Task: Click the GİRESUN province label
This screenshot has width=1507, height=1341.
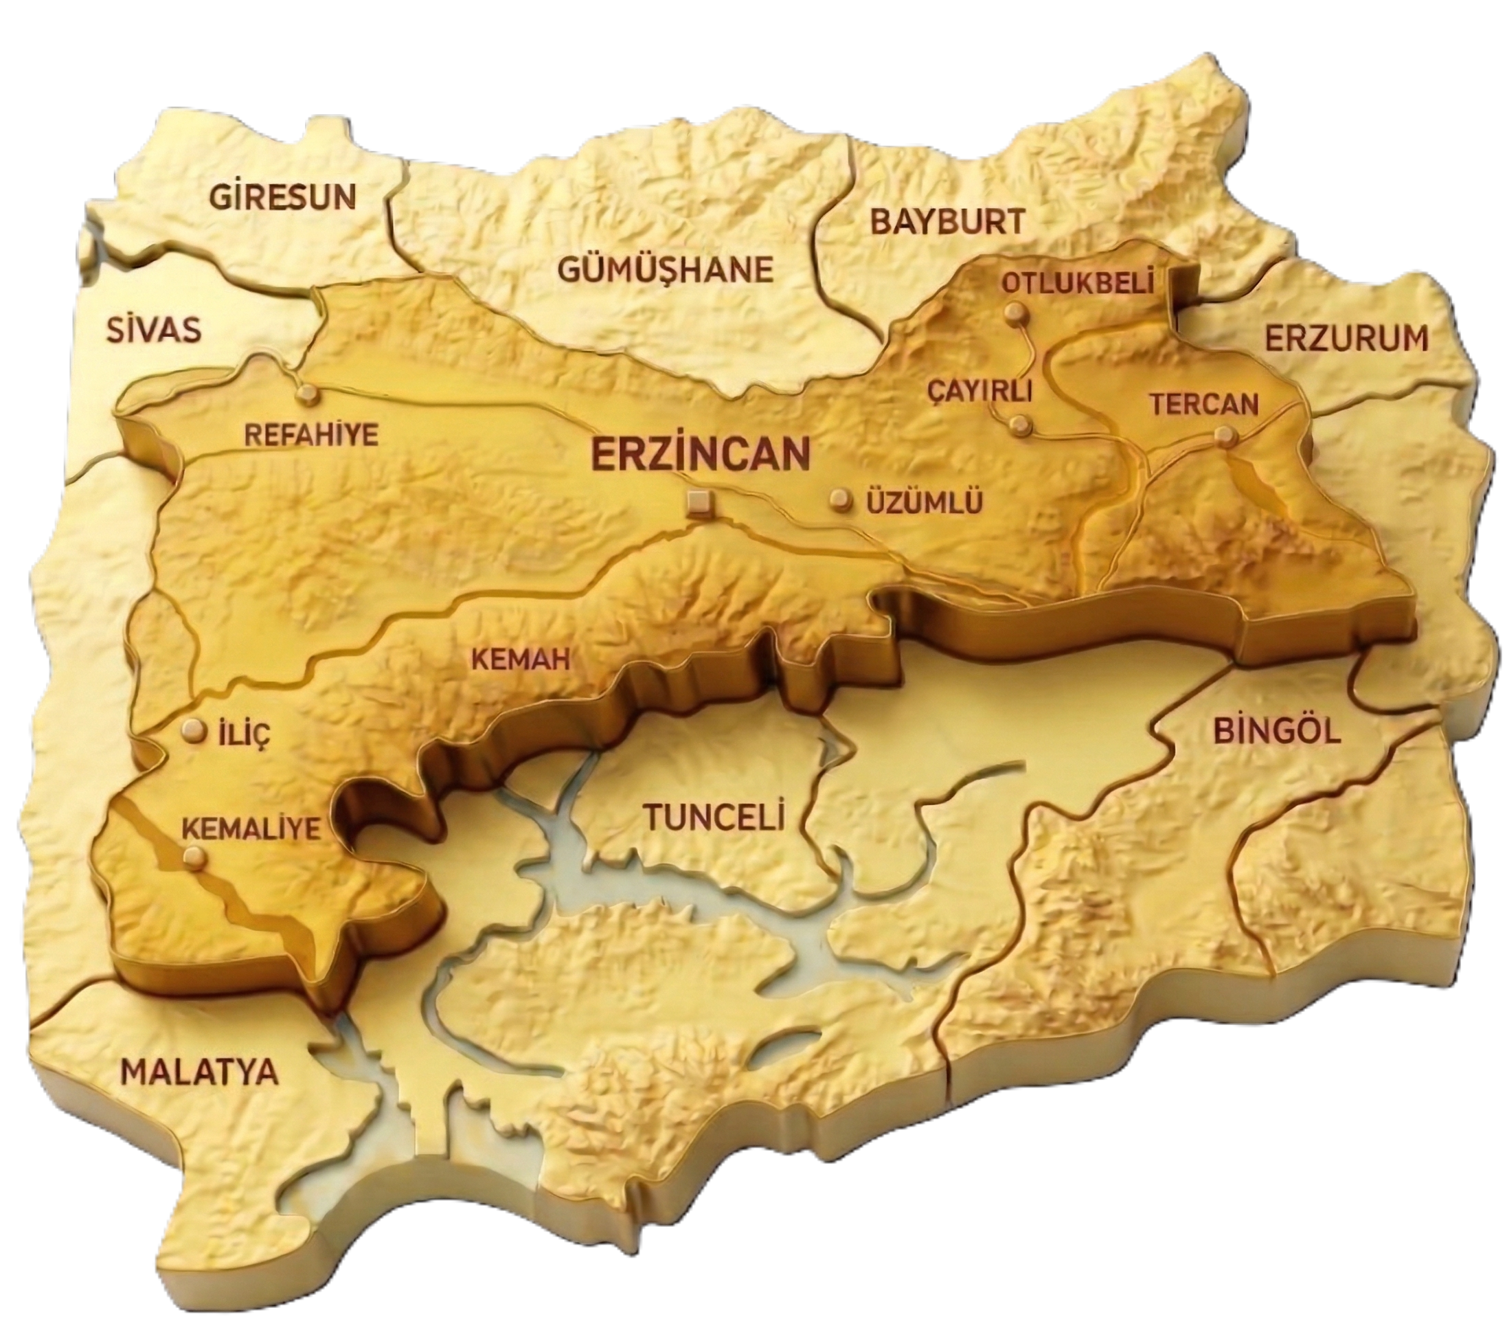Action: [x=282, y=197]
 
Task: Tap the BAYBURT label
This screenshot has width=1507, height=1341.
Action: [x=947, y=221]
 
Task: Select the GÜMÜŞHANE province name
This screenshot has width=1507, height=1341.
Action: [x=665, y=270]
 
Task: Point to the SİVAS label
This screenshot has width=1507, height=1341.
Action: [x=153, y=330]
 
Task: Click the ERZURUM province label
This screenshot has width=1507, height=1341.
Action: [x=1347, y=340]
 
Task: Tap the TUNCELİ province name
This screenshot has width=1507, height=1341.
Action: [x=713, y=816]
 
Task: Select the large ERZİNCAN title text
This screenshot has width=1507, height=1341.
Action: [x=701, y=454]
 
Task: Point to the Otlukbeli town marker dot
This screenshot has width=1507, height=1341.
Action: [x=1015, y=314]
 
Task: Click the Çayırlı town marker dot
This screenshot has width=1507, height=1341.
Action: [x=1021, y=425]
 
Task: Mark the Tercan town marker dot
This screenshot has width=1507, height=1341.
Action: [x=1225, y=436]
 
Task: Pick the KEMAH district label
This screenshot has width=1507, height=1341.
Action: [x=521, y=659]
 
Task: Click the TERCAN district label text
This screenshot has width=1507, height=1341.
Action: [x=1204, y=403]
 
